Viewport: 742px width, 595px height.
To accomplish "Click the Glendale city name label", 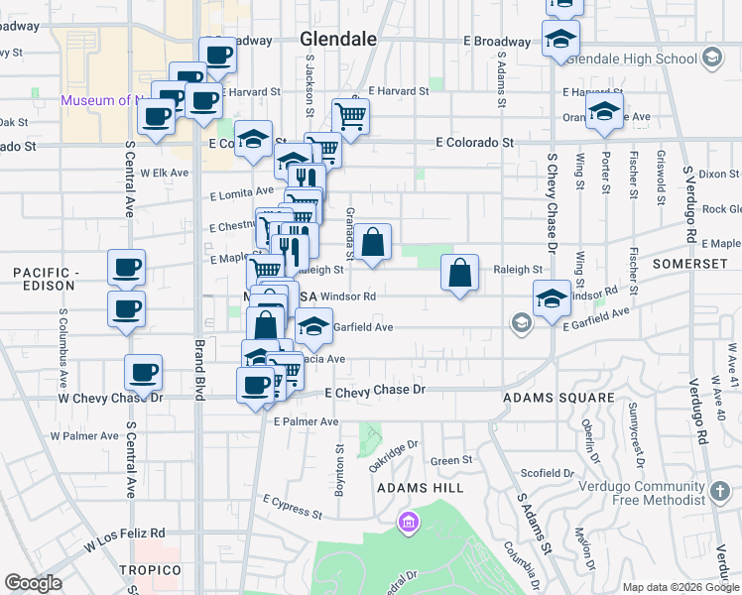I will click(338, 40).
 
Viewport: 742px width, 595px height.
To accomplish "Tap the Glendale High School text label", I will click(640, 59).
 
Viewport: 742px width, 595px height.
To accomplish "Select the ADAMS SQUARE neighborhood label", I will click(559, 398).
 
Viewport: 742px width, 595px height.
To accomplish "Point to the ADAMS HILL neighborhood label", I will click(419, 489).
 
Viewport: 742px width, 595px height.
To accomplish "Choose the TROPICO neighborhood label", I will click(151, 570).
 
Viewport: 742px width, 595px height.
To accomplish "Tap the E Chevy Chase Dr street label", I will click(375, 392).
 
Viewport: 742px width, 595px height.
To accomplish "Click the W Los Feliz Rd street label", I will click(124, 539).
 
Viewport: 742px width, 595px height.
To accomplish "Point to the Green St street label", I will click(451, 461).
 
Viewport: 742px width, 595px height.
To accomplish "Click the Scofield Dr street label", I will click(550, 474).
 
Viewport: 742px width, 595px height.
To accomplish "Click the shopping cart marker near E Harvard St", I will click(350, 117).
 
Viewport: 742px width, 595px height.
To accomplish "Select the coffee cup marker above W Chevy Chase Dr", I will click(143, 373).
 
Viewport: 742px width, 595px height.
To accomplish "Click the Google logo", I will click(33, 583).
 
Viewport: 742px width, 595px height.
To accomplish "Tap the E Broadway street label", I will click(497, 43).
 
